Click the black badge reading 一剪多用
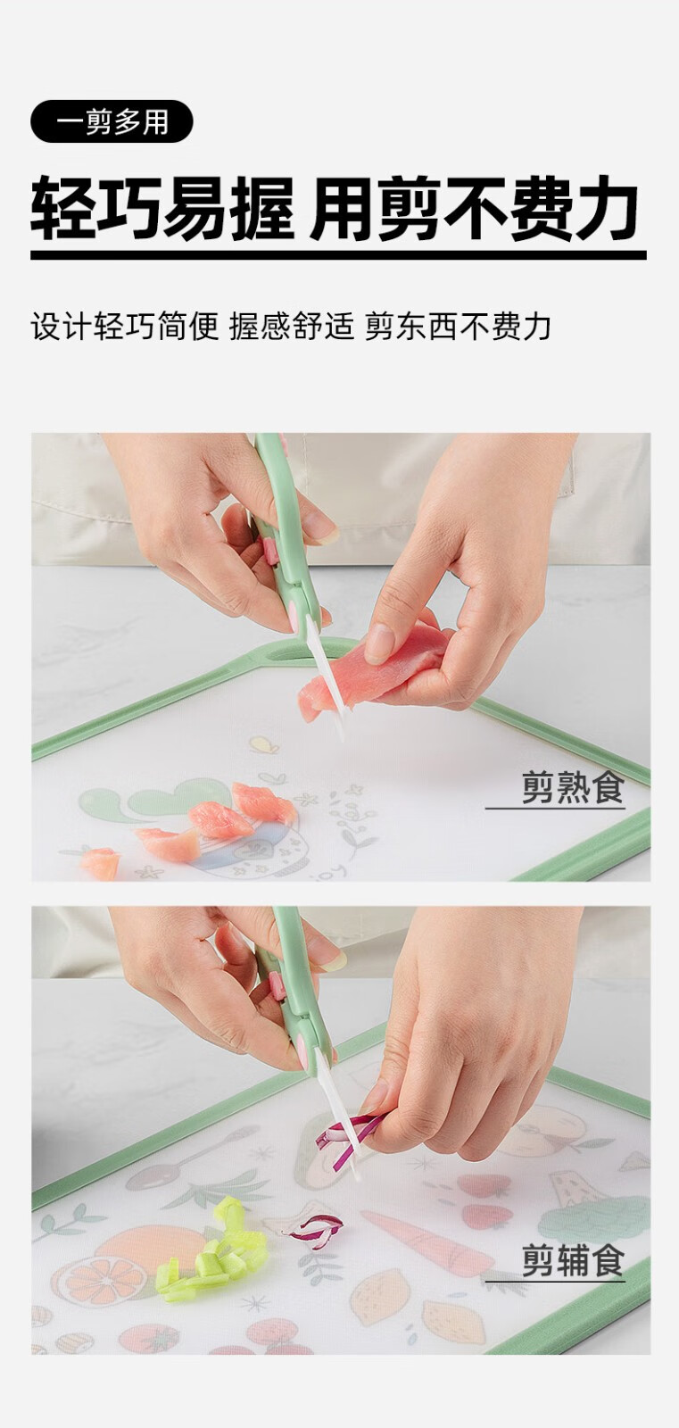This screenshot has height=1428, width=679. [112, 121]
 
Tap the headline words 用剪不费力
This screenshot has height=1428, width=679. [475, 209]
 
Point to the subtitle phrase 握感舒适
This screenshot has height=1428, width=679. [292, 327]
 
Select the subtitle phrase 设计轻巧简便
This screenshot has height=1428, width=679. [125, 327]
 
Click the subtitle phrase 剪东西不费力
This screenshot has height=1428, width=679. [458, 327]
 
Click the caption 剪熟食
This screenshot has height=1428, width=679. [573, 787]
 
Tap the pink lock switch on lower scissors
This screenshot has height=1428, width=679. [276, 986]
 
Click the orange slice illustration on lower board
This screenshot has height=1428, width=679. [88, 1276]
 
